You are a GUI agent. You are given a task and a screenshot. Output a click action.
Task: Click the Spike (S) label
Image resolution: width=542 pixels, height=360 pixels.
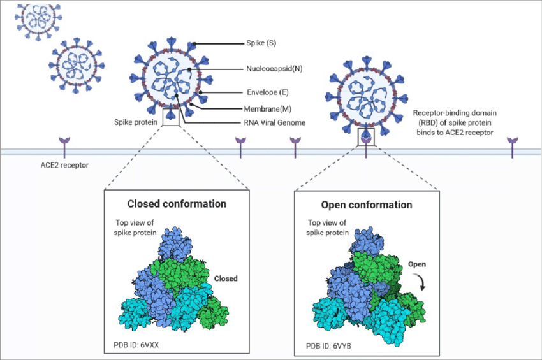261,43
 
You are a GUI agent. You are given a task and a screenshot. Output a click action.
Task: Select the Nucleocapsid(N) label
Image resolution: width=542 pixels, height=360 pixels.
274,69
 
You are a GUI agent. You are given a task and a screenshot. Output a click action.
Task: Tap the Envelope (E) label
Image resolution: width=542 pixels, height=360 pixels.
268,92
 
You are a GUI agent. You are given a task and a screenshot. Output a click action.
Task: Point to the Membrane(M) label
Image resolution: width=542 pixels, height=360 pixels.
268,109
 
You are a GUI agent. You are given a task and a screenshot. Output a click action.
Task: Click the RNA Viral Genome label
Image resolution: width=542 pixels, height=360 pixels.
274,122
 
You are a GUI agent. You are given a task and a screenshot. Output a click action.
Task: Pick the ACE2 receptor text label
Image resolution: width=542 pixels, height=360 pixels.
64,165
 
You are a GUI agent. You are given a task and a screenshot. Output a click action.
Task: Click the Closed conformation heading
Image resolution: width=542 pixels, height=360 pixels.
177,204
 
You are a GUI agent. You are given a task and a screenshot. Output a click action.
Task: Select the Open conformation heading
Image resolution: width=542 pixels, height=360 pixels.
367,205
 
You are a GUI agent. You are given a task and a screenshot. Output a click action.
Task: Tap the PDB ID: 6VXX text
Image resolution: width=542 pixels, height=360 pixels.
136,345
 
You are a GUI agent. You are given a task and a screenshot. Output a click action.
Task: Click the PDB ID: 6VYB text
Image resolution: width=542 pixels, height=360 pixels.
328,346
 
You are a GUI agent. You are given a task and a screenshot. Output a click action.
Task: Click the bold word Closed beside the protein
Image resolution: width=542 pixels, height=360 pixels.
226,278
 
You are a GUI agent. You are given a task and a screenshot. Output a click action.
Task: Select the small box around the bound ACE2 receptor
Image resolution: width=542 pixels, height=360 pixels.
366,137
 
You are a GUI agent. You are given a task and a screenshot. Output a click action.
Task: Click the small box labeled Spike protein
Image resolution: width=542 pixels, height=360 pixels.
171,117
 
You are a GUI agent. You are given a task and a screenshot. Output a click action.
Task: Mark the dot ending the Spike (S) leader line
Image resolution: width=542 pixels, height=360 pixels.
195,44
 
